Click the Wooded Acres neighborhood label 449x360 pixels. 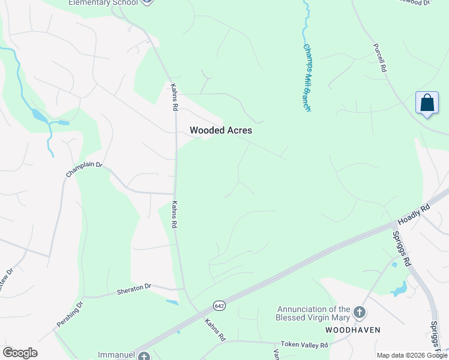pos(221,130)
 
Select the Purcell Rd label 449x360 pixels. pos(379,58)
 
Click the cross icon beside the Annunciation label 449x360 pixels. pos(359,312)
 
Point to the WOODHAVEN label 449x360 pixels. pos(353,331)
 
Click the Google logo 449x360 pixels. pos(20,353)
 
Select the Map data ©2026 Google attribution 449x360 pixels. pos(412,356)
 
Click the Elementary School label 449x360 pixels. pos(103,3)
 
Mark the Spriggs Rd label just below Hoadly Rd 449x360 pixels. pos(400,248)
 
